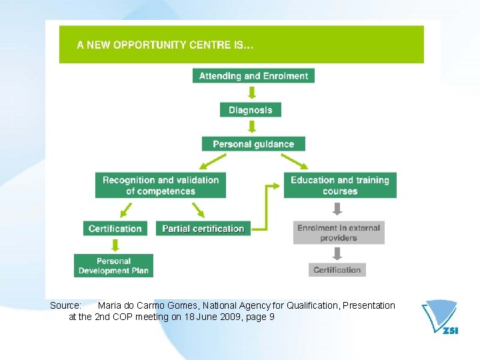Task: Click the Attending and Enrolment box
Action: click(x=253, y=75)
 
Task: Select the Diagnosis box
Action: click(x=251, y=110)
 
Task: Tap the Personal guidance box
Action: click(x=253, y=144)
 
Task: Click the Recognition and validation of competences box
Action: click(x=161, y=185)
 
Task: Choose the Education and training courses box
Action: click(x=340, y=185)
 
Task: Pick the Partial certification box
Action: click(x=203, y=229)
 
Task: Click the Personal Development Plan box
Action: click(x=113, y=266)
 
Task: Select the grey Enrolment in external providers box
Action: click(x=339, y=233)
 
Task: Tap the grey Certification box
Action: click(x=337, y=270)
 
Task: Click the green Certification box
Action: click(x=115, y=229)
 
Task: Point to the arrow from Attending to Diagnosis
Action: click(x=252, y=92)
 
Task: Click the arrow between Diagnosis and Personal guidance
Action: click(x=251, y=127)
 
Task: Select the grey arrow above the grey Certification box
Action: click(x=337, y=253)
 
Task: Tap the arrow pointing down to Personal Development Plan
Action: click(x=115, y=245)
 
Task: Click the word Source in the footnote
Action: click(x=65, y=305)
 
